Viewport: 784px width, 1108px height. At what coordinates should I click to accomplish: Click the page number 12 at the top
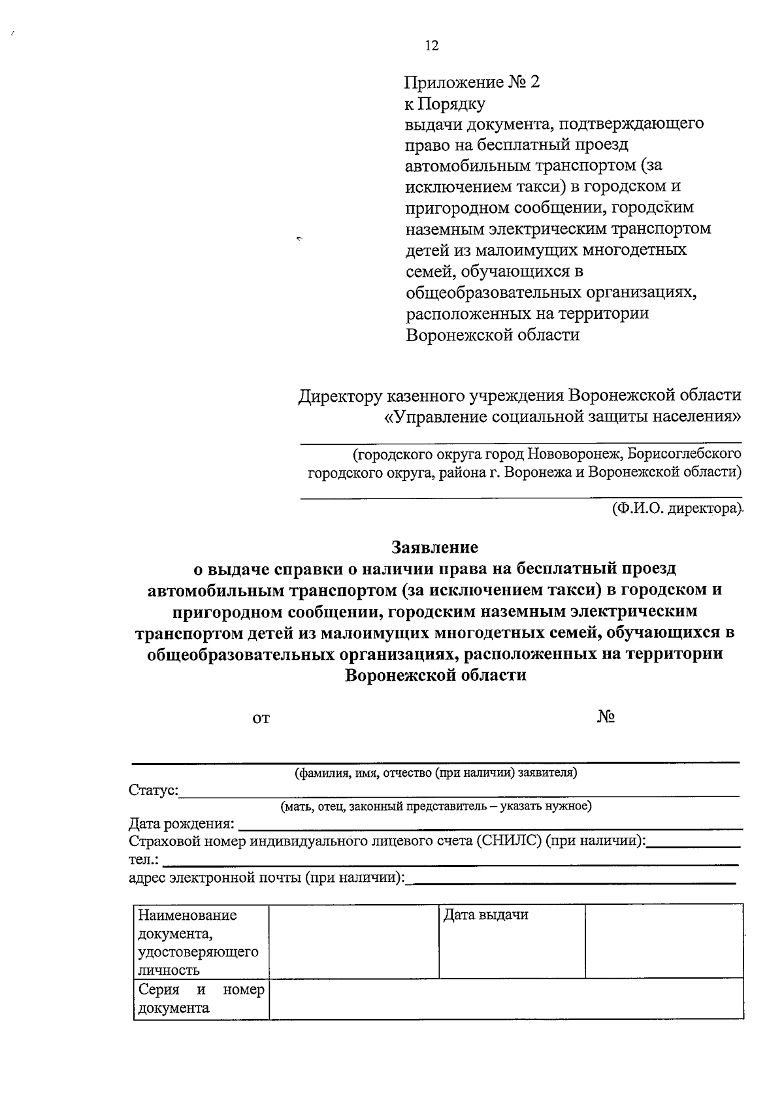coord(431,46)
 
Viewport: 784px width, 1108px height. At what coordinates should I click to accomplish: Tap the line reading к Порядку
coord(445,105)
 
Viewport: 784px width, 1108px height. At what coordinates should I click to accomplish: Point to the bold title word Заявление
coord(434,547)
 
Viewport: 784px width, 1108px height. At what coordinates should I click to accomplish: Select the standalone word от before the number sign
coord(261,719)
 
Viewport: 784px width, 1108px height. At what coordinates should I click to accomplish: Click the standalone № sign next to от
coord(606,717)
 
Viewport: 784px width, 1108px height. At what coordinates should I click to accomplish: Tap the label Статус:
coord(153,790)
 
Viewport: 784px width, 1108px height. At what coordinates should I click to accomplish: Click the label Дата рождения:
coord(182,824)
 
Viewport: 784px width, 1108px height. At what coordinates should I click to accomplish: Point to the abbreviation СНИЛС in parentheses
coord(509,841)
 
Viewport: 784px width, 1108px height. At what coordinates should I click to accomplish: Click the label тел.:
coord(143,860)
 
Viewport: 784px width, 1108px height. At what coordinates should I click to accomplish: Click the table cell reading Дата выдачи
coord(485,915)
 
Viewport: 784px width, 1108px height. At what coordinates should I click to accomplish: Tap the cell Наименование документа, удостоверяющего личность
coord(199,942)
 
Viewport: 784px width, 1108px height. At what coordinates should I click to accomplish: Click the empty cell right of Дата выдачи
coord(664,941)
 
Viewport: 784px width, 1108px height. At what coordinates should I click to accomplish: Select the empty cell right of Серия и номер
coord(506,998)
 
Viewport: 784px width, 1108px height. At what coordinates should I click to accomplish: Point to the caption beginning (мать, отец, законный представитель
coord(436,806)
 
